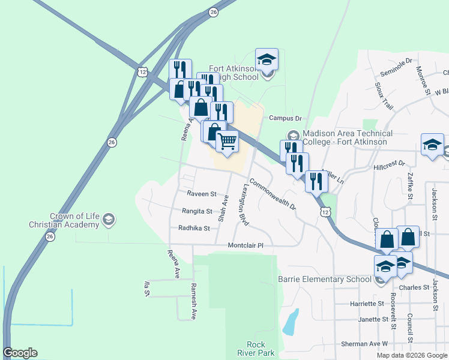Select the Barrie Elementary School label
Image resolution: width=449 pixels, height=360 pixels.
324,279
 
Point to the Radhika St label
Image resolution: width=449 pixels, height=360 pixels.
194,228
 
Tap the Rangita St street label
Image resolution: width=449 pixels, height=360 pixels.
197,211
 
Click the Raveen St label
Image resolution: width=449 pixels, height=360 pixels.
201,194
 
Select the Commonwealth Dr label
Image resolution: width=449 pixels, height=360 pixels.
273,194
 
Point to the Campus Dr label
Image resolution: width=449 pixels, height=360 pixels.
285,118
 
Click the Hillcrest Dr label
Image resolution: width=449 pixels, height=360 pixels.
390,164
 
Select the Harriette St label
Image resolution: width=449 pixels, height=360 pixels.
367,304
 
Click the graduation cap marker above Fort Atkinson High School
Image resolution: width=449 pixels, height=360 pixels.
267,59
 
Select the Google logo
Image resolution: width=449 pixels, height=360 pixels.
20,353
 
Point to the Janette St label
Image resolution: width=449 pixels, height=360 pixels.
367,319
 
